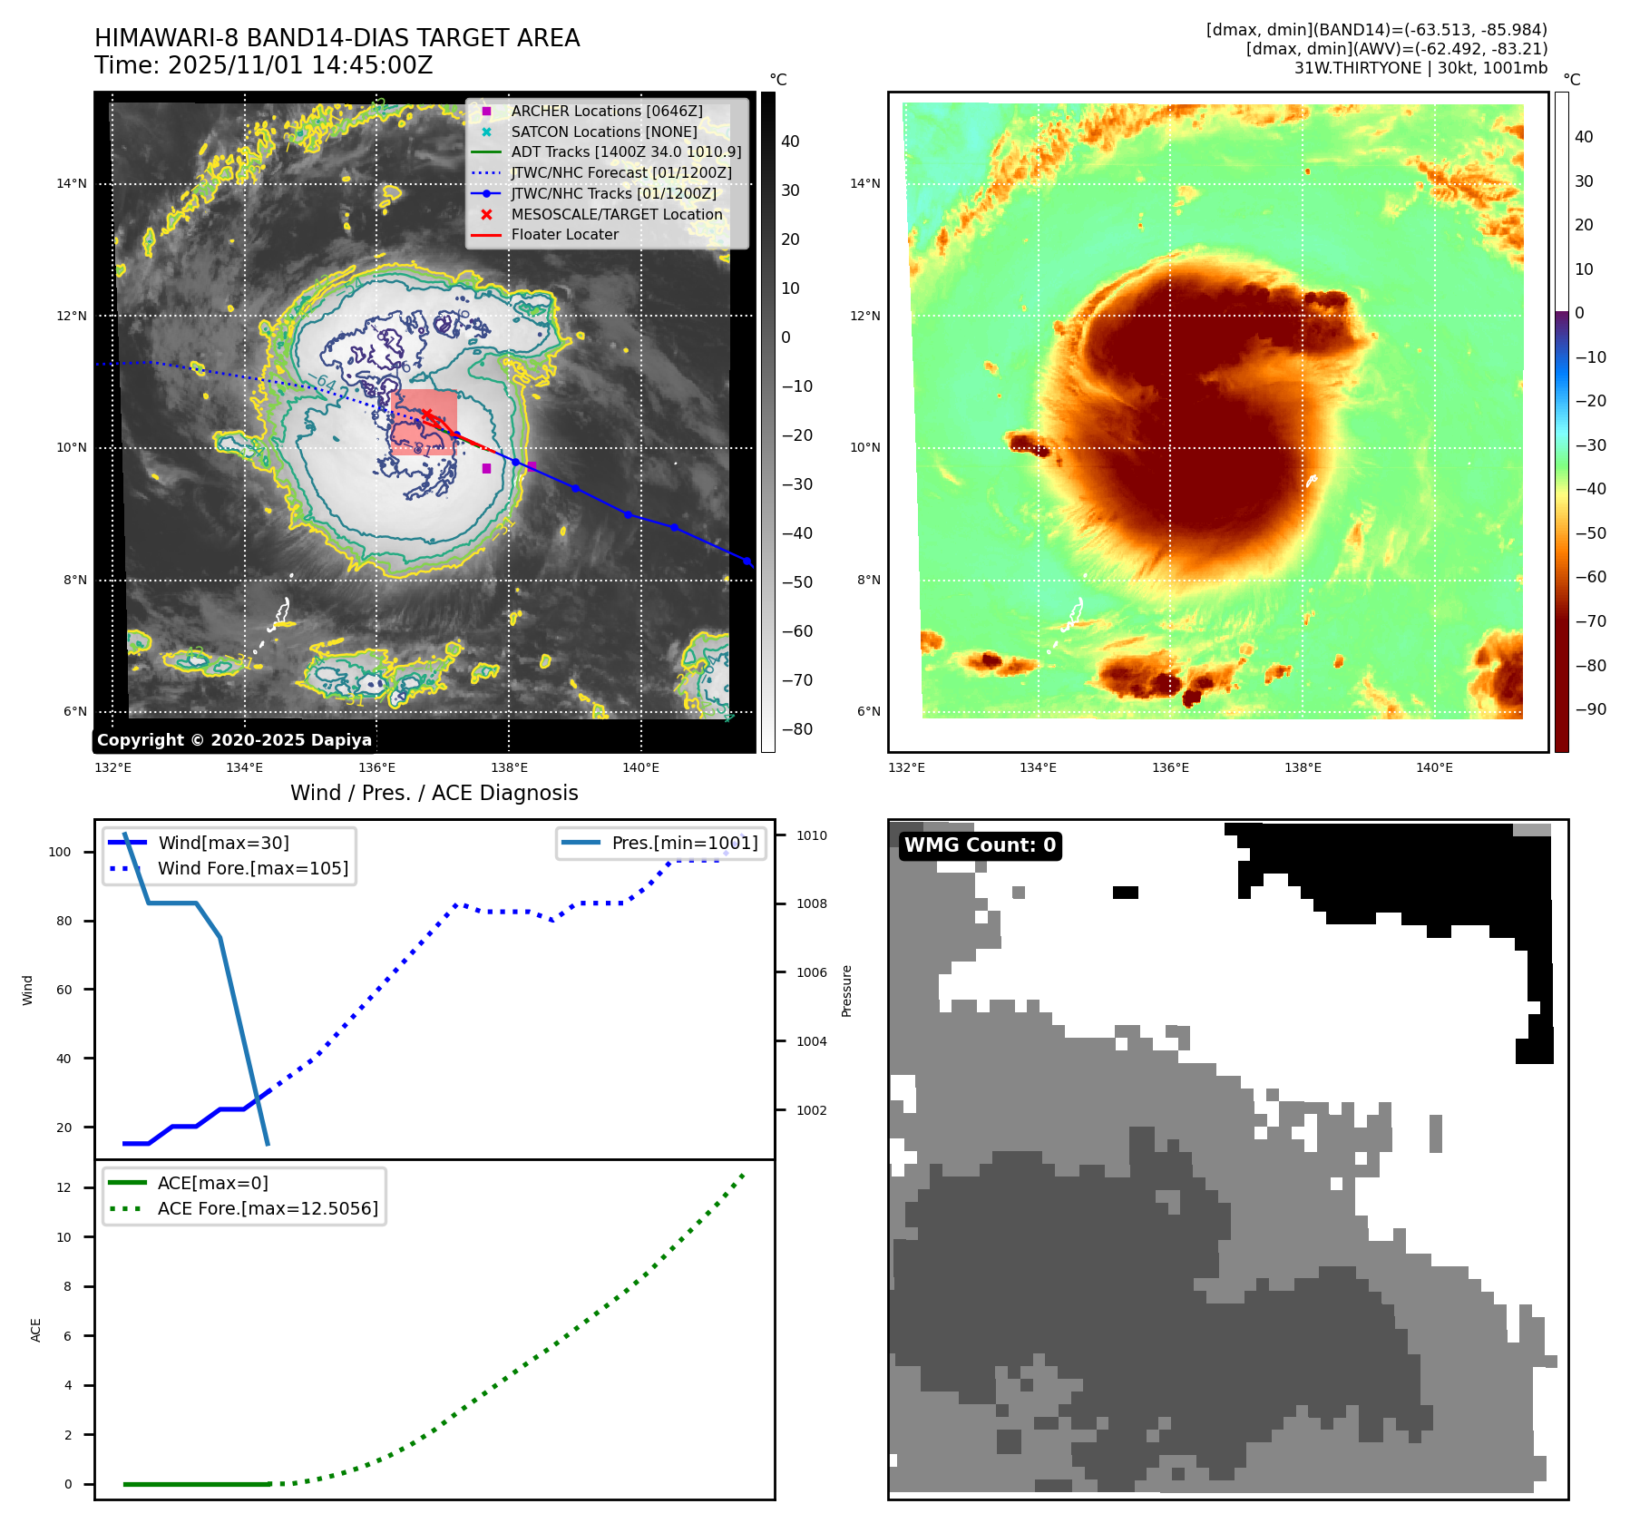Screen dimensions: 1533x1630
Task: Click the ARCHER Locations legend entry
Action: (x=606, y=111)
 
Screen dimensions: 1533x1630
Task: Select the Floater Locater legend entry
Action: (x=564, y=234)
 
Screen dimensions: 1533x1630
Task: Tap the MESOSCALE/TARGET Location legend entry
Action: (x=616, y=214)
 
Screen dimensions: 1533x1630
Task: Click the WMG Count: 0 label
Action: (x=980, y=845)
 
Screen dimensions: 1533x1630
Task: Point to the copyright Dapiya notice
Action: (x=234, y=740)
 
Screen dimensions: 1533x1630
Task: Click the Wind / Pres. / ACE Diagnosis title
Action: (x=434, y=793)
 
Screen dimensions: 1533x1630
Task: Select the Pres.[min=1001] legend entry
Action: (x=684, y=843)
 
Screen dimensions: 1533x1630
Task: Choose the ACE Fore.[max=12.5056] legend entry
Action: (x=267, y=1208)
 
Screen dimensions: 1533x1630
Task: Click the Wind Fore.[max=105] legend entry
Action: (x=252, y=868)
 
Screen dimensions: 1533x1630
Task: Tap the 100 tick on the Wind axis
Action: (x=60, y=852)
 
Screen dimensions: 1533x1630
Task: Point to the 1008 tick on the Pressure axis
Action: (x=812, y=903)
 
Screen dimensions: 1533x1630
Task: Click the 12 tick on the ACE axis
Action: (x=63, y=1187)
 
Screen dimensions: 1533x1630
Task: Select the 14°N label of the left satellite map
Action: (x=72, y=184)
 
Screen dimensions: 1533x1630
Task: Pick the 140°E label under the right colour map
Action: (x=1434, y=767)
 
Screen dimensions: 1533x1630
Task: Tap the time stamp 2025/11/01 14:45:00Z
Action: (x=300, y=65)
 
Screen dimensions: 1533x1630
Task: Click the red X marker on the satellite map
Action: (x=426, y=415)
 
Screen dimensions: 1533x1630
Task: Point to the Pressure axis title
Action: (x=846, y=991)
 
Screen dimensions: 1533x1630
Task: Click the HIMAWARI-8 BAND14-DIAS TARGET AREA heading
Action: (x=337, y=38)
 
